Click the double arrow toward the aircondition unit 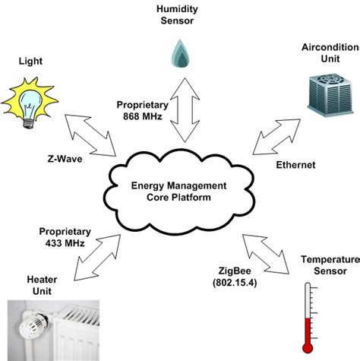(272, 133)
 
